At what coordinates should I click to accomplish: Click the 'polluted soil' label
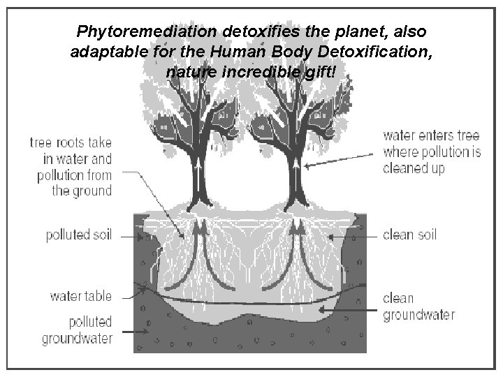[78, 235]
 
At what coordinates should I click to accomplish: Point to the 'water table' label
[80, 296]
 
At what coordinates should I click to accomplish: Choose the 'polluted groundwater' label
[78, 330]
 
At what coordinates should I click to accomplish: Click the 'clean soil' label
[410, 235]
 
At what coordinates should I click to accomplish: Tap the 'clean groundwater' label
[418, 306]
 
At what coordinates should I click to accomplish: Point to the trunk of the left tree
[194, 175]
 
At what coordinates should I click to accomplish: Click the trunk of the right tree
[298, 175]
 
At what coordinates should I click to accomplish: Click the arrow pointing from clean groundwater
[349, 307]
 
